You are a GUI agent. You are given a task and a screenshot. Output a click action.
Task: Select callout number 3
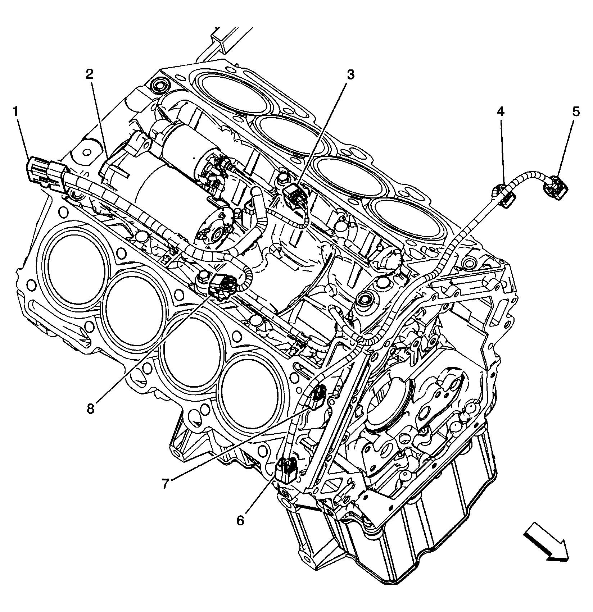tap(350, 75)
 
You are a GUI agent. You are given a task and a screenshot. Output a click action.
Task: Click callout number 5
tap(576, 112)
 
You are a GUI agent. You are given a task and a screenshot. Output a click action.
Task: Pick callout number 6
tap(240, 520)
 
